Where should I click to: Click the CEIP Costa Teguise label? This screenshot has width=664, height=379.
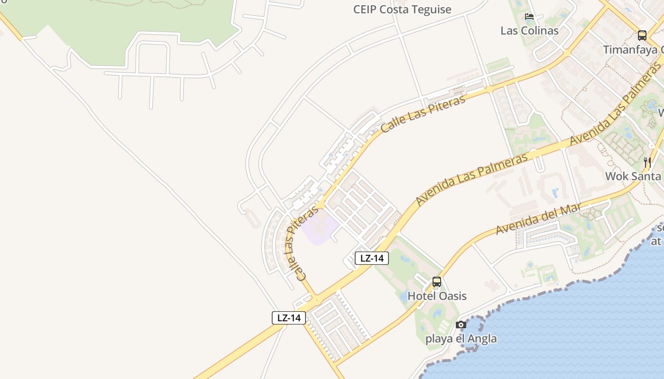[402, 9]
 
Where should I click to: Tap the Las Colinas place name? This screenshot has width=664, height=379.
[529, 31]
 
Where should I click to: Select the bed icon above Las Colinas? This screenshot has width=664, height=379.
[529, 17]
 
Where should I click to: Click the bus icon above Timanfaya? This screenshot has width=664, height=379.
[642, 35]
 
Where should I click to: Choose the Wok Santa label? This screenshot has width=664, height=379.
[633, 176]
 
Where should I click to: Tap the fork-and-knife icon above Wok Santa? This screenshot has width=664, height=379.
[647, 162]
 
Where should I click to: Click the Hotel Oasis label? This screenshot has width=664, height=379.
[437, 296]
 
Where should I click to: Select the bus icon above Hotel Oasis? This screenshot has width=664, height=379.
[437, 282]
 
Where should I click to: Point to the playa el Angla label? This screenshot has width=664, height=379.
[461, 339]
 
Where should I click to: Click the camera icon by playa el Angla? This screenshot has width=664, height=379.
[461, 325]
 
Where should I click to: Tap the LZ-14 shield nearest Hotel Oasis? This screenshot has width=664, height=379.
[372, 258]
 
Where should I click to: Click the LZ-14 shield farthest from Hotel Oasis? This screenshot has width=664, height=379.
[289, 317]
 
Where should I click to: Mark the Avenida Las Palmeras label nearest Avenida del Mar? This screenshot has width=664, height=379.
[472, 179]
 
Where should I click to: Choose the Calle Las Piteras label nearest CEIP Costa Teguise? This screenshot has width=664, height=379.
[423, 113]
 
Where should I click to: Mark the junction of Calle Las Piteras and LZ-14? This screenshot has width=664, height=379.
[316, 299]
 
